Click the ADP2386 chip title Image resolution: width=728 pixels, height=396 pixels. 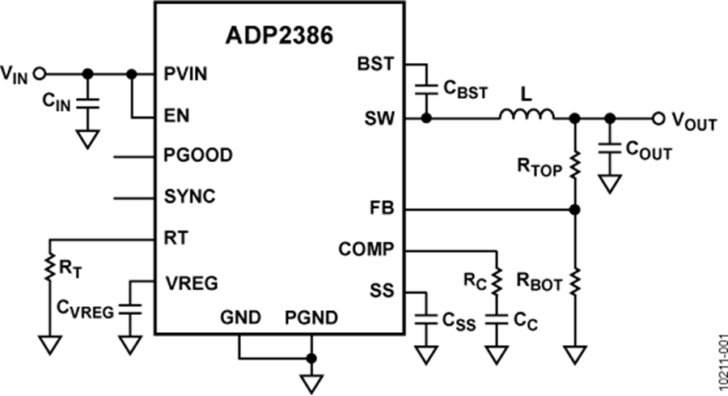(279, 39)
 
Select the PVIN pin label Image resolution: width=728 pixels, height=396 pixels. (185, 74)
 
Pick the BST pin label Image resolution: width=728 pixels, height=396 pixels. (376, 63)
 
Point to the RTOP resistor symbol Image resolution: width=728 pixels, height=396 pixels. (575, 167)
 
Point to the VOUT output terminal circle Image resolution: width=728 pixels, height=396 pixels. (659, 118)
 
